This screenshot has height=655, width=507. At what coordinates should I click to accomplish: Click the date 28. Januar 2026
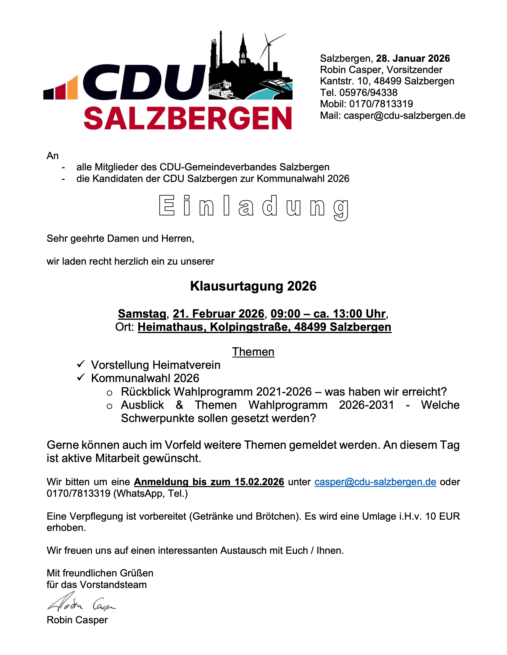tap(413, 58)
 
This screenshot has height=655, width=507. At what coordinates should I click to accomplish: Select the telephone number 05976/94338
tap(368, 92)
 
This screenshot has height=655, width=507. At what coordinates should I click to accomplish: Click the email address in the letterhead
tap(404, 116)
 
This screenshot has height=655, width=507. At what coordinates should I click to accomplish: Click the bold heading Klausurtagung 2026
tap(253, 286)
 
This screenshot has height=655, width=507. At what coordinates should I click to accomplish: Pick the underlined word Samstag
tap(142, 314)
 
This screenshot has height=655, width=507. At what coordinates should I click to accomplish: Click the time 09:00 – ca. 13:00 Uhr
tap(328, 314)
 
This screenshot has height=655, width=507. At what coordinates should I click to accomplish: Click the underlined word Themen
tap(253, 352)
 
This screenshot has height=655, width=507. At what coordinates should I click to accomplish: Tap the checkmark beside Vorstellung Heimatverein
tap(81, 364)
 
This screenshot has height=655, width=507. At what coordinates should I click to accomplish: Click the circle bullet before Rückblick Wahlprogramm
tap(110, 393)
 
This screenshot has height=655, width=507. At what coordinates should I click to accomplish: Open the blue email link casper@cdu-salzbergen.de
tap(375, 482)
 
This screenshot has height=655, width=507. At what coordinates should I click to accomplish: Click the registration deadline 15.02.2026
tap(259, 482)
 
